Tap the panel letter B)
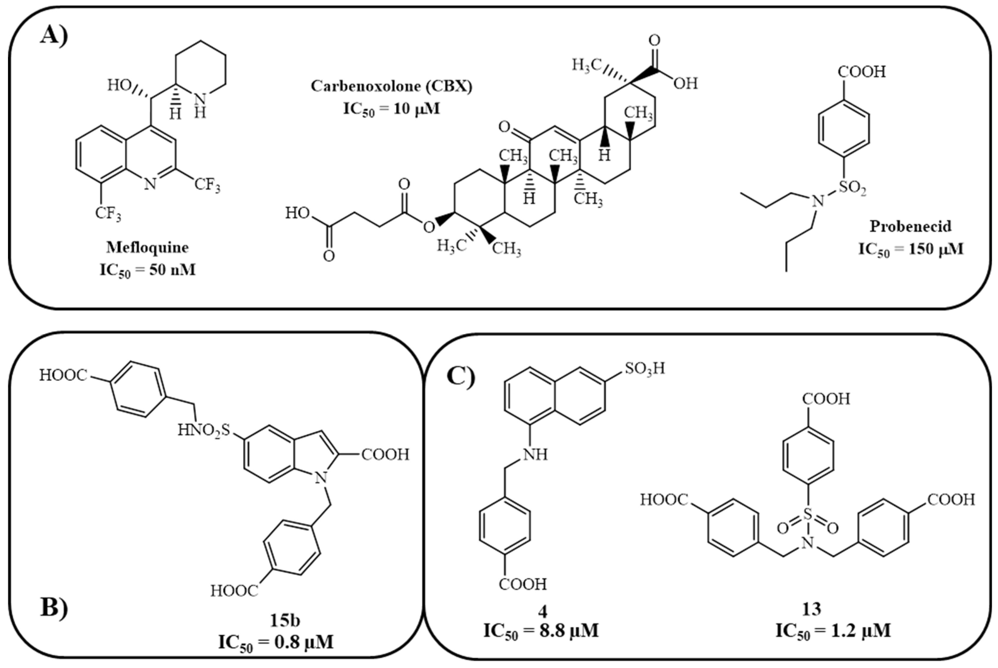54,607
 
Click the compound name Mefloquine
148,248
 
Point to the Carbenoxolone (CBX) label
391,86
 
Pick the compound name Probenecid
911,226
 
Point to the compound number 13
811,609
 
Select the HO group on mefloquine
119,86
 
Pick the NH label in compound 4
535,455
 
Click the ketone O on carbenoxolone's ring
504,127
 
